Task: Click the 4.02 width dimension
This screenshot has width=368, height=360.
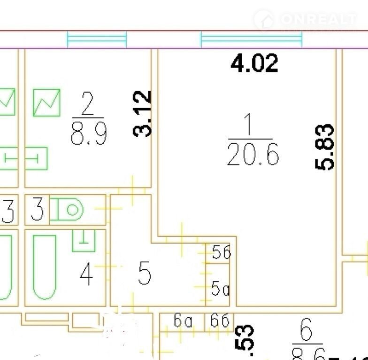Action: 254,63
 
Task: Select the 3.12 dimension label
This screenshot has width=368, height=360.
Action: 142,113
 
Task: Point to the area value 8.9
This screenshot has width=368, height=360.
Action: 89,133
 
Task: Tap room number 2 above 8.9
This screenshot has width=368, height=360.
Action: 87,104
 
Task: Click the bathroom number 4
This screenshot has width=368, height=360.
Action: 86,275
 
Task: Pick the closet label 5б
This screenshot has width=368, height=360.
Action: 221,253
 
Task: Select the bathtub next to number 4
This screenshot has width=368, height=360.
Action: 45,266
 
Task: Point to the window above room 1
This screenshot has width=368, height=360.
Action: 251,39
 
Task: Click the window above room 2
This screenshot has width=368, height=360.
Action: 97,39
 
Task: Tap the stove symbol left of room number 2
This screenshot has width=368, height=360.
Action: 46,102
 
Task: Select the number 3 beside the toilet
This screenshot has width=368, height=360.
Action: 37,210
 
